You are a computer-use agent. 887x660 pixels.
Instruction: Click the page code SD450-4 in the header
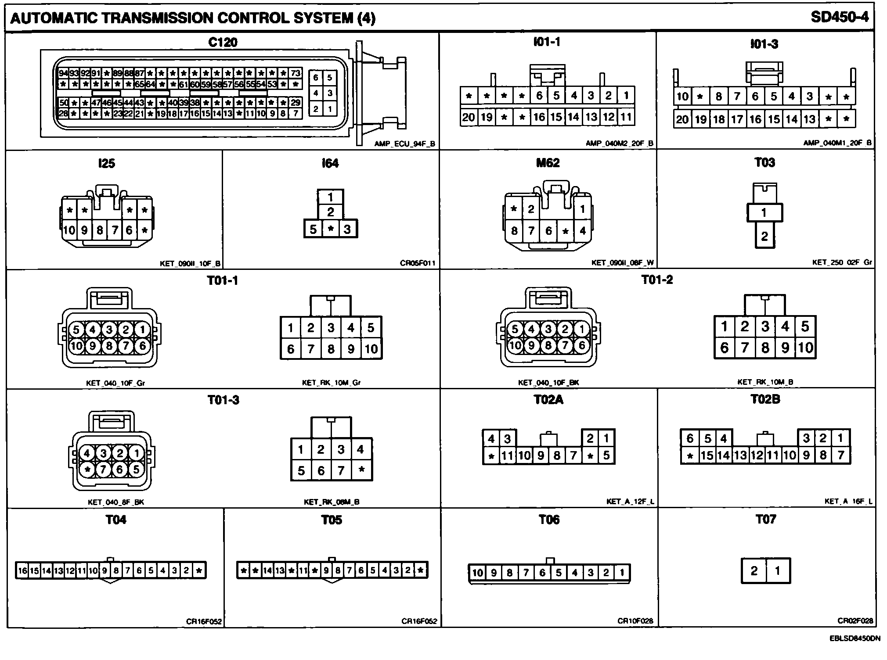pyautogui.click(x=839, y=18)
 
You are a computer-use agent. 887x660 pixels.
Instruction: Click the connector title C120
pyautogui.click(x=223, y=43)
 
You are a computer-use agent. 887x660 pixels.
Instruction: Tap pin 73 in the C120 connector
pyautogui.click(x=296, y=73)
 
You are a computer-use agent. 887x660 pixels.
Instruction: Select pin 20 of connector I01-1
pyautogui.click(x=469, y=117)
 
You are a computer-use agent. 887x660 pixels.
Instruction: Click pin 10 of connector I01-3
pyautogui.click(x=682, y=97)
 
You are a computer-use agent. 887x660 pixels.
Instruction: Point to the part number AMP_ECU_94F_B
pyautogui.click(x=405, y=143)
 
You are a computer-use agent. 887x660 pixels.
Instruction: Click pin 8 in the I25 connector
pyautogui.click(x=100, y=230)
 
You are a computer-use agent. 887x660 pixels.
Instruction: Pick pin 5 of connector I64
pyautogui.click(x=313, y=229)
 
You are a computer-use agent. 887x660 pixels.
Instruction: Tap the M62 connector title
pyautogui.click(x=548, y=163)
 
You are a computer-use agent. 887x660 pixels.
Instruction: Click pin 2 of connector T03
pyautogui.click(x=764, y=237)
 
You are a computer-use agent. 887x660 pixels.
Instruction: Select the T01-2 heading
pyautogui.click(x=656, y=280)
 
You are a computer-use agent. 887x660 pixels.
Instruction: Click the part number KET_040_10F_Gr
pyautogui.click(x=115, y=383)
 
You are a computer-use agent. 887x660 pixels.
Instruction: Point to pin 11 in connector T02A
pyautogui.click(x=507, y=456)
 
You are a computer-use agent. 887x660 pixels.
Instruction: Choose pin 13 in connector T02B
pyautogui.click(x=740, y=456)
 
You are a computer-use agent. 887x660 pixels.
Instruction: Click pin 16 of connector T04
pyautogui.click(x=22, y=570)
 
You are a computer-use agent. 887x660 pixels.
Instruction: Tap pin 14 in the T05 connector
pyautogui.click(x=267, y=570)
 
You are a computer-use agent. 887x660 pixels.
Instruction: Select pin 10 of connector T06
pyautogui.click(x=477, y=573)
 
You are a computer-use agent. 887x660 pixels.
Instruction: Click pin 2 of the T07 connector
pyautogui.click(x=754, y=570)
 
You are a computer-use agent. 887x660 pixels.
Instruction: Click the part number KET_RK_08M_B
pyautogui.click(x=332, y=502)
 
